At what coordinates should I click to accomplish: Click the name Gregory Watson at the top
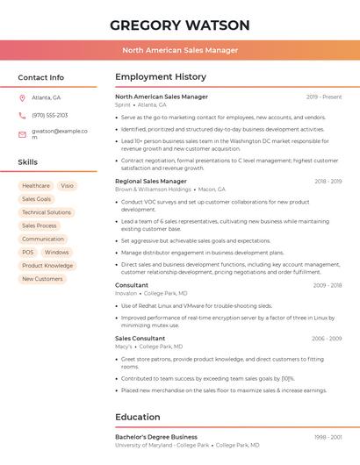pyautogui.click(x=180, y=25)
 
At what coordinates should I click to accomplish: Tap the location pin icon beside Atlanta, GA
pyautogui.click(x=22, y=97)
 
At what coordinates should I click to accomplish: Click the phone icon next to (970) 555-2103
pyautogui.click(x=22, y=115)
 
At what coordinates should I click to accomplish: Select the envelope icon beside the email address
pyautogui.click(x=22, y=134)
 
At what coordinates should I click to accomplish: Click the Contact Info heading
pyautogui.click(x=41, y=77)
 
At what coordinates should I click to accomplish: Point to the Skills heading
pyautogui.click(x=28, y=162)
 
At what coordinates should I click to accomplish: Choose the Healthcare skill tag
pyautogui.click(x=36, y=186)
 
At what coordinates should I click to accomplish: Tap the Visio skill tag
pyautogui.click(x=68, y=186)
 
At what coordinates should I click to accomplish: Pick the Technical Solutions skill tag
pyautogui.click(x=47, y=212)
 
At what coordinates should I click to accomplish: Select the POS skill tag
pyautogui.click(x=28, y=253)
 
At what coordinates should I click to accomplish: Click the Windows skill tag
pyautogui.click(x=57, y=253)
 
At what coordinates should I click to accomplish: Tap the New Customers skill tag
pyautogui.click(x=42, y=279)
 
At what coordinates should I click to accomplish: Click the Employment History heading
pyautogui.click(x=161, y=77)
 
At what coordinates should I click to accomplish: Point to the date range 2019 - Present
pyautogui.click(x=324, y=97)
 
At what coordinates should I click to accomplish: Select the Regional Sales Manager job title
pyautogui.click(x=151, y=181)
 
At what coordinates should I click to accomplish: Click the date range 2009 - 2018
pyautogui.click(x=327, y=285)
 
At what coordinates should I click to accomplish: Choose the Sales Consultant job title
pyautogui.click(x=140, y=338)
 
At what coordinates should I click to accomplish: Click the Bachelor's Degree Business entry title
pyautogui.click(x=156, y=436)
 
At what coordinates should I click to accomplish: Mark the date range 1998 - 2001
pyautogui.click(x=327, y=436)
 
